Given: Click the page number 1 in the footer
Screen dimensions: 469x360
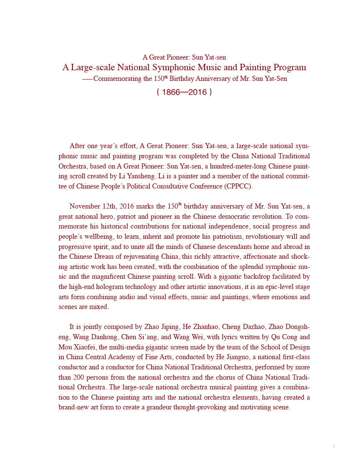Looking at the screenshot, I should pyautogui.click(x=334, y=446).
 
